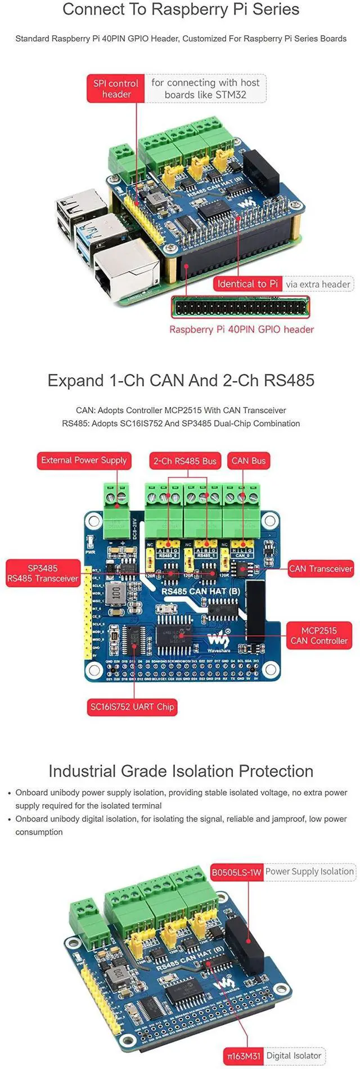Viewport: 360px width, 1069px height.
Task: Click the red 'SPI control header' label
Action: coord(116,89)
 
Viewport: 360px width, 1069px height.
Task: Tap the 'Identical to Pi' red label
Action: coord(247,283)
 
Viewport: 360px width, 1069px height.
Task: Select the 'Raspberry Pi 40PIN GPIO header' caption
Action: coord(241,330)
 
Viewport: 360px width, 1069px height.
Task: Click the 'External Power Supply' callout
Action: coord(84,460)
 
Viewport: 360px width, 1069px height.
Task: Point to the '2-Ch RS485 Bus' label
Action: coord(185,461)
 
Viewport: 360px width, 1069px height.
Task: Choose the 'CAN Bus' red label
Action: coord(248,461)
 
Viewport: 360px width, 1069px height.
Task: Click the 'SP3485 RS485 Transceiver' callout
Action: coord(43,573)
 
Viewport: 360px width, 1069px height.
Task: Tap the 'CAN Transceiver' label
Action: coord(320,569)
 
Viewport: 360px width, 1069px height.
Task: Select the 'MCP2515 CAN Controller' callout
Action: coord(319,635)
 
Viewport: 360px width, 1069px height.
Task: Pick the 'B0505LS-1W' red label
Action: coord(236,872)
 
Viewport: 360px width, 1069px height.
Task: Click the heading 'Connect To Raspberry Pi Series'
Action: coord(181,10)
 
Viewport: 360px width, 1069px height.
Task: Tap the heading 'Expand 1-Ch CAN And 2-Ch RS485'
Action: coord(181,380)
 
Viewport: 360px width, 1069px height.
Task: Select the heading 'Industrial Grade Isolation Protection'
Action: coord(181,771)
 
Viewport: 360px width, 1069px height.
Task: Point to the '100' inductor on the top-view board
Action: coord(116,591)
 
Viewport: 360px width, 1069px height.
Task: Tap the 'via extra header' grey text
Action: coord(318,284)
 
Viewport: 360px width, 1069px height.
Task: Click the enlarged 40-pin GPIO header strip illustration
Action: coord(241,307)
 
